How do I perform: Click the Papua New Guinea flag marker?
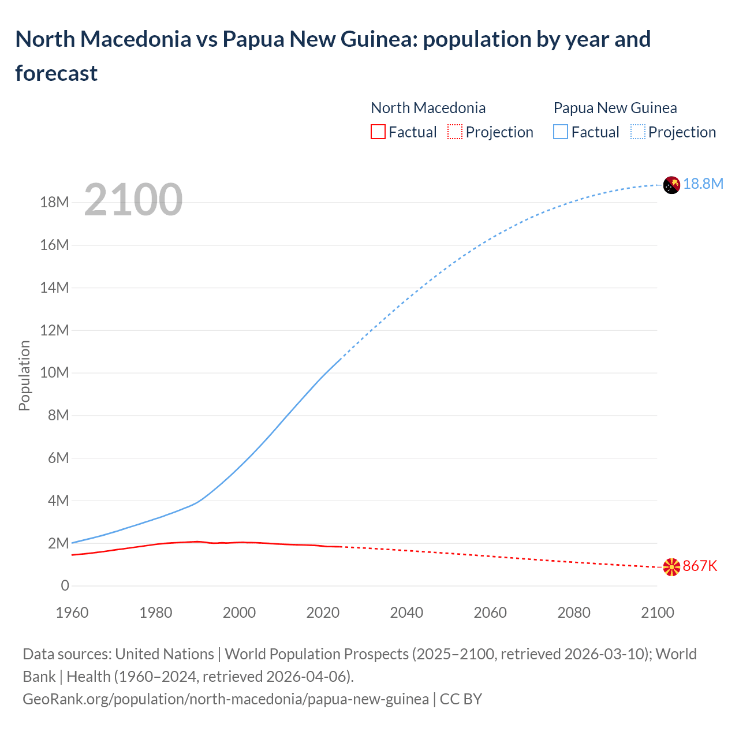click(x=671, y=185)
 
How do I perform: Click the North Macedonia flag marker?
click(x=671, y=567)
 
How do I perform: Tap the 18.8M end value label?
click(x=703, y=184)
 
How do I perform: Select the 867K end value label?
click(x=700, y=566)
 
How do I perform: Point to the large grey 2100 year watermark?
click(x=133, y=200)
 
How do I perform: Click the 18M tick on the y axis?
click(x=54, y=203)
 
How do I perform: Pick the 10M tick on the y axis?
click(x=54, y=373)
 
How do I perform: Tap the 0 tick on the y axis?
click(x=65, y=586)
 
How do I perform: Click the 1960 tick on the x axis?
click(x=72, y=613)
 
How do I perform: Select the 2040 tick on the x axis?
click(x=406, y=613)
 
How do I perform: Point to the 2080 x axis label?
click(x=574, y=613)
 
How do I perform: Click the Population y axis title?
click(x=24, y=375)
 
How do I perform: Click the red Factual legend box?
click(x=378, y=132)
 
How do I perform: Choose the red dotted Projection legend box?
click(x=455, y=132)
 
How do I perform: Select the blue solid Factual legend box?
click(x=560, y=132)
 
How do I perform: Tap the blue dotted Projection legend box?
click(x=637, y=132)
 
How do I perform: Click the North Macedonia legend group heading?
click(x=428, y=108)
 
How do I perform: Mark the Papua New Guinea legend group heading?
click(x=615, y=108)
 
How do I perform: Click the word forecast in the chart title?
click(x=57, y=73)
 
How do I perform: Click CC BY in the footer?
click(x=461, y=699)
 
